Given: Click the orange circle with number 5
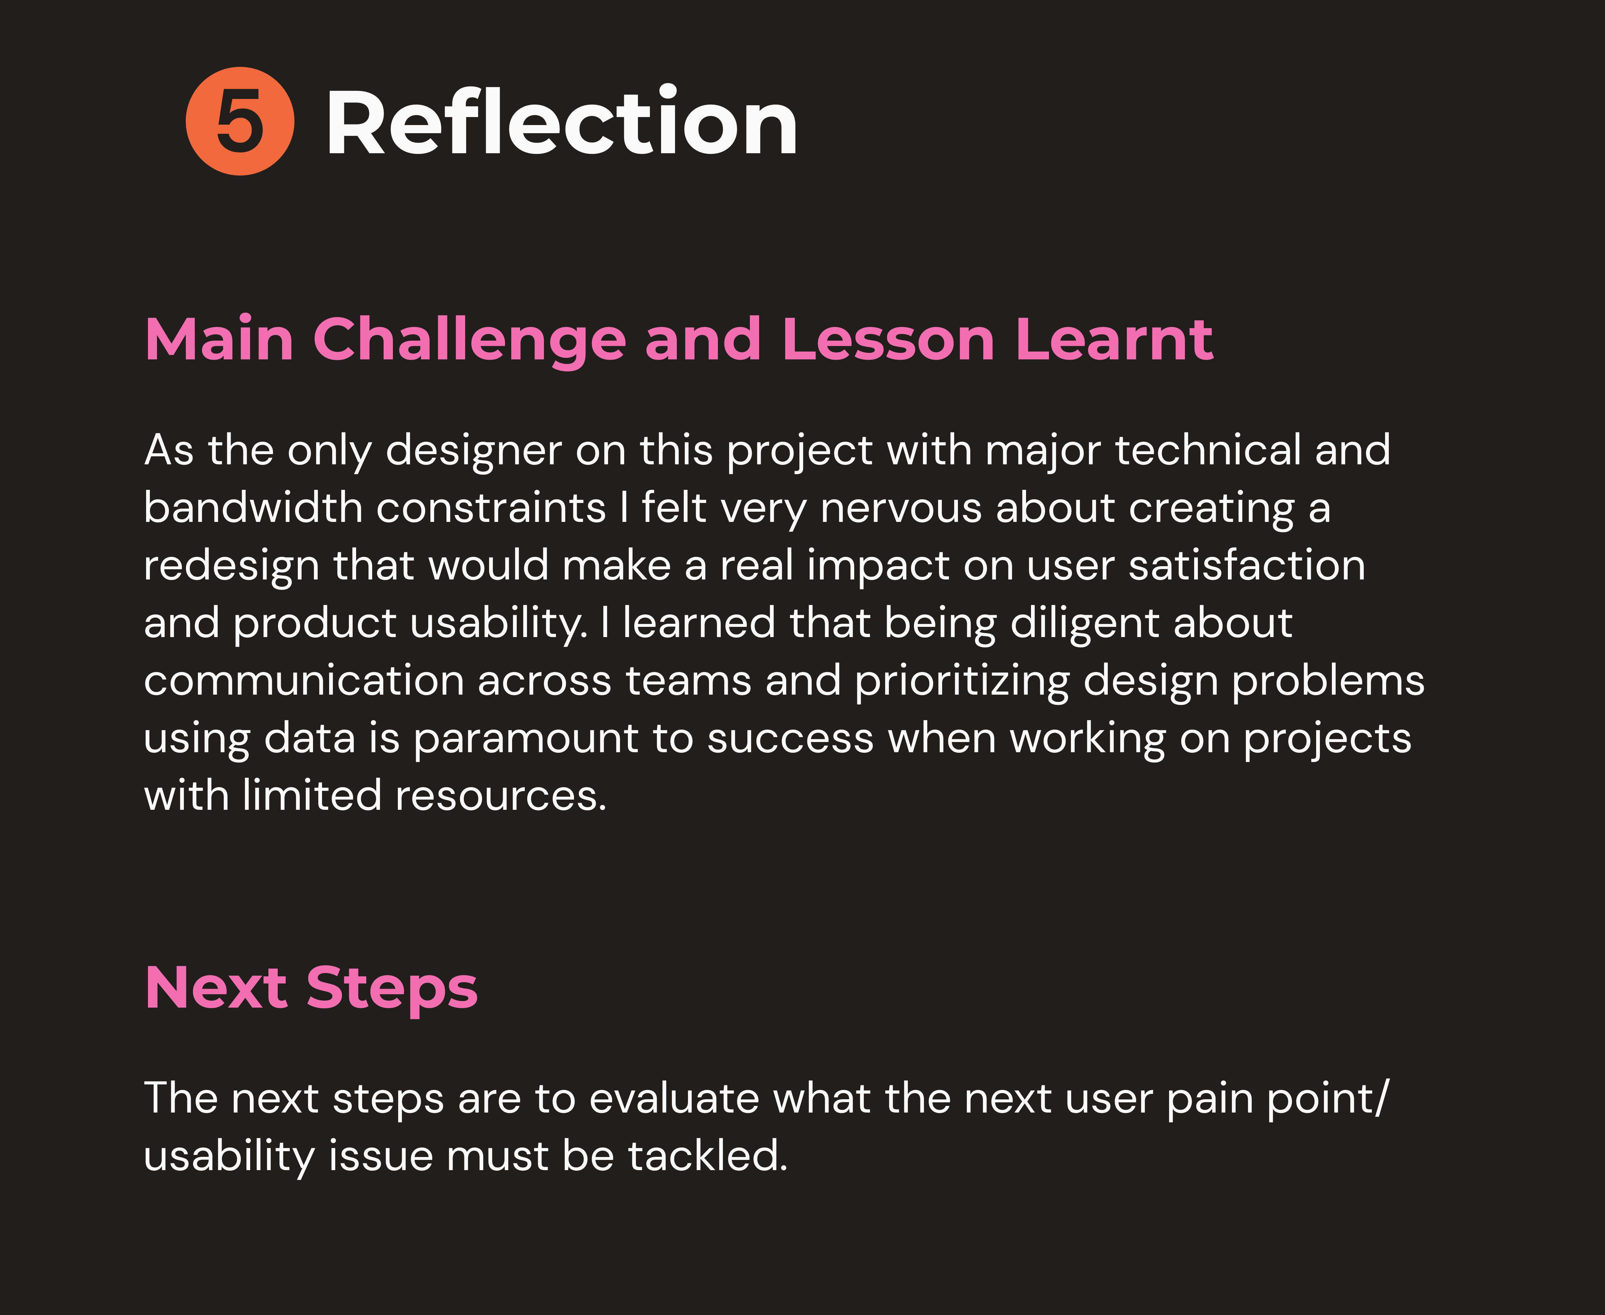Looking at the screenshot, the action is tap(240, 121).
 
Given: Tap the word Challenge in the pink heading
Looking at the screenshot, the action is tap(470, 341).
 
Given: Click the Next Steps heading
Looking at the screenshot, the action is tap(311, 988).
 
